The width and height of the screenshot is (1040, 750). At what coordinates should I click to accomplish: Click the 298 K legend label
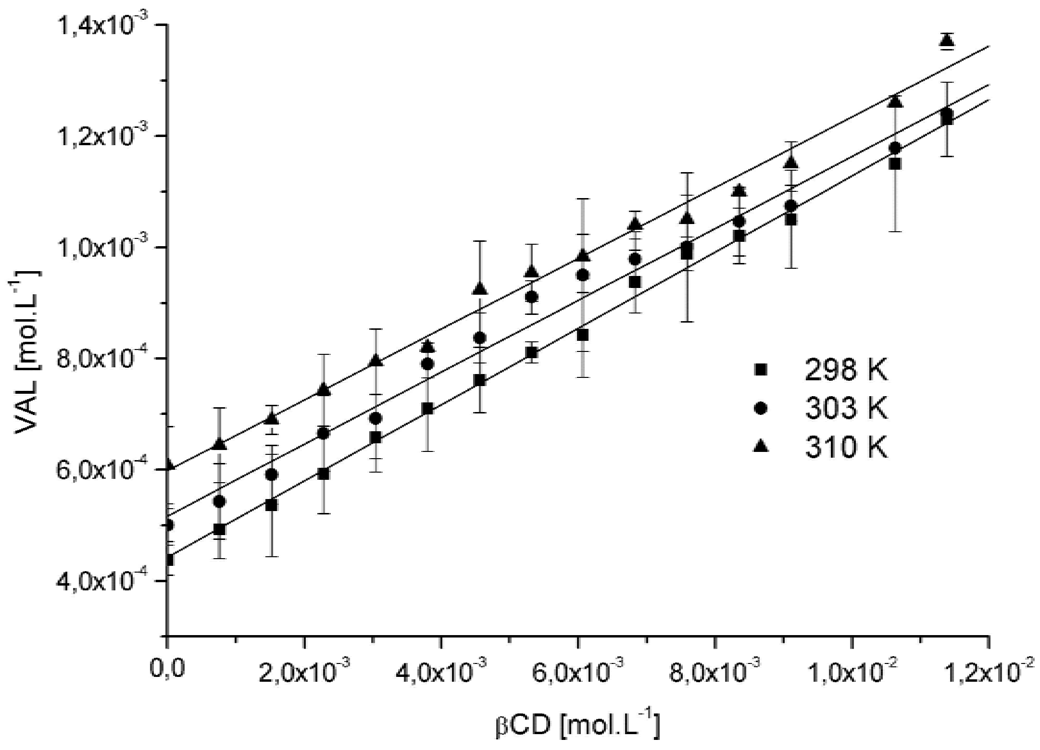pos(846,371)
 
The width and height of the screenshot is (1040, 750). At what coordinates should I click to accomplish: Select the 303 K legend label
pos(846,409)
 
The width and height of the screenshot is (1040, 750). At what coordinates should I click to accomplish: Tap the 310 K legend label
pos(846,447)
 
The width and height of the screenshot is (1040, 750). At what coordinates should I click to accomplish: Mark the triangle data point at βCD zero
pos(168,464)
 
